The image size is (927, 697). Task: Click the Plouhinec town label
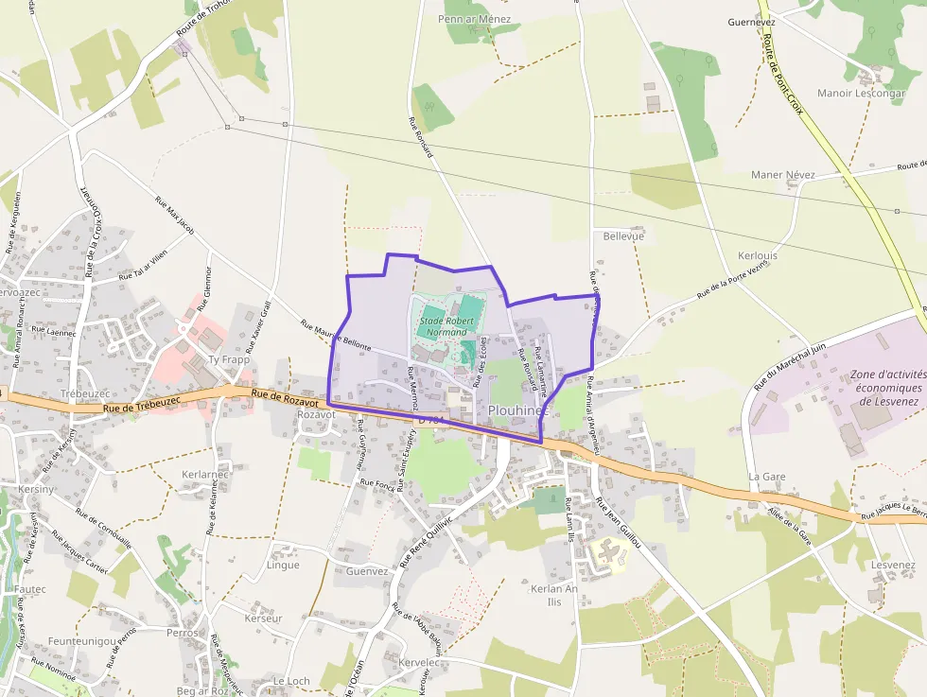[x=518, y=410]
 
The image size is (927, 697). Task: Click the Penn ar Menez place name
[x=474, y=19]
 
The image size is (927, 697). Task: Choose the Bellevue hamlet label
[x=622, y=235]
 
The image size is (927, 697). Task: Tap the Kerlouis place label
[x=757, y=256]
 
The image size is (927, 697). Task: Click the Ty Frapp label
[x=228, y=359]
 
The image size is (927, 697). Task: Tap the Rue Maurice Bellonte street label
[x=336, y=335]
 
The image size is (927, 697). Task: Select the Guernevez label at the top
[x=752, y=21]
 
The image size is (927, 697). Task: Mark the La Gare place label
[x=767, y=476]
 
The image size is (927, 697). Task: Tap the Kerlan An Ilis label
[x=554, y=595]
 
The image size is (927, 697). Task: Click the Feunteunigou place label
[x=82, y=640]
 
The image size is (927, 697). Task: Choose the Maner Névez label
[x=782, y=175]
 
